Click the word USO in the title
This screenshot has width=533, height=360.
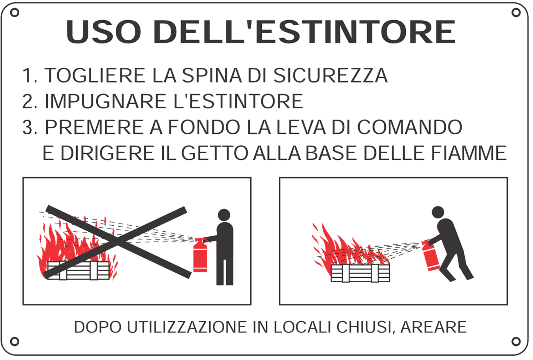coord(103,32)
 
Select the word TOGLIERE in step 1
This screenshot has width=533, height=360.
coord(95,76)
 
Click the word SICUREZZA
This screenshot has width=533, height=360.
coord(330,76)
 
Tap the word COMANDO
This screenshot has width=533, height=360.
coord(410,127)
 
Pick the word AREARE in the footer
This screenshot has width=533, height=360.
coord(434,327)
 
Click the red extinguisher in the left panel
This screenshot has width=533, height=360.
coord(200,255)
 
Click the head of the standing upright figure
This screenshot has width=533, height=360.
coord(224,215)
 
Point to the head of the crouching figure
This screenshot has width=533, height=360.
coord(438,212)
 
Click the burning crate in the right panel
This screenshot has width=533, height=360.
coord(360,273)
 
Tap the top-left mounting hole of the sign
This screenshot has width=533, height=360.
coord(15,13)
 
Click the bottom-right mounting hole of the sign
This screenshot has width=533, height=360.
coord(516,341)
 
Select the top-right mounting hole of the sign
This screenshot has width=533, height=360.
coord(516,13)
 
